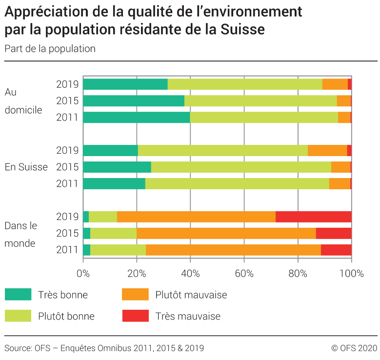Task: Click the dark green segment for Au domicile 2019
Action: tap(125, 84)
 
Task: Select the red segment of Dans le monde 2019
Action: tap(313, 217)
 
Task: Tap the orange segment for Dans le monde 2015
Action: tap(226, 233)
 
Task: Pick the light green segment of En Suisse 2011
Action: tap(237, 183)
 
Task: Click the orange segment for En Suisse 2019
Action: tap(327, 150)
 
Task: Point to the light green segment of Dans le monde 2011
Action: tap(118, 250)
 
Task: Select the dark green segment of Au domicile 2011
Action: tap(137, 117)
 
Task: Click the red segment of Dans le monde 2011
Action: tap(336, 250)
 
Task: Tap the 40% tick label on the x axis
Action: tap(190, 273)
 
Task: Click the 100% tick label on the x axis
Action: tap(351, 273)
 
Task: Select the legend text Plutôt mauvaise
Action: tap(191, 295)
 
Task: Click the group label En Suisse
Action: tap(26, 167)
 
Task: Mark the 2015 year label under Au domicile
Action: tap(67, 101)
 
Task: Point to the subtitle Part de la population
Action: tap(50, 49)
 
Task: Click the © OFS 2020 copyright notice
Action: tap(354, 348)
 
